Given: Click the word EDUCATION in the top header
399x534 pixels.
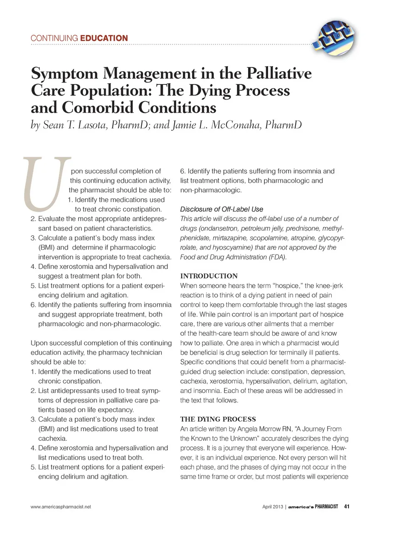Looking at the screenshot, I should [x=104, y=38].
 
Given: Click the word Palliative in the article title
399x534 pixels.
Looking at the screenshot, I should [x=279, y=73].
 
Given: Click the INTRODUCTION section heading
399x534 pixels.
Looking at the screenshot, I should [x=209, y=276].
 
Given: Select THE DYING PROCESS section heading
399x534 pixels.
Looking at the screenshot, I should [x=218, y=419].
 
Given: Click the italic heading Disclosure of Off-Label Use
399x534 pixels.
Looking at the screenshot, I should [x=222, y=209].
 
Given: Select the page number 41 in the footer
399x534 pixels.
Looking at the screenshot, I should [x=347, y=507].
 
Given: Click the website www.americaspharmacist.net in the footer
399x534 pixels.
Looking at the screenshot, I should [x=61, y=507].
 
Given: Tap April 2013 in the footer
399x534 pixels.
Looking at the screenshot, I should [x=272, y=507].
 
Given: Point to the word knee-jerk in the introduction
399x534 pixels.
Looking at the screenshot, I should [x=330, y=286].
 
